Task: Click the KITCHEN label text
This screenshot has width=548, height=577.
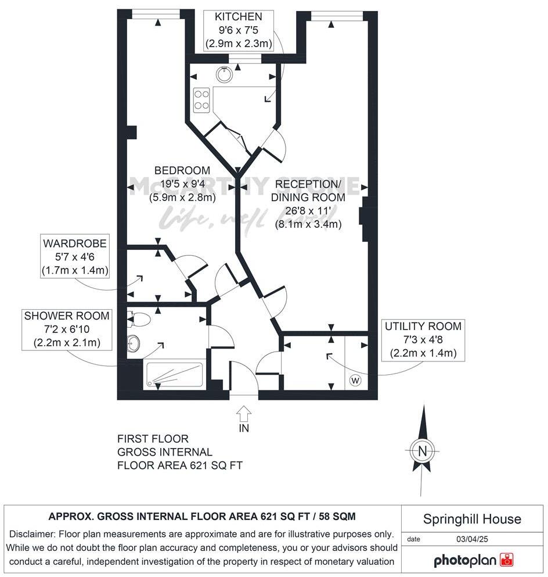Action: [239, 17]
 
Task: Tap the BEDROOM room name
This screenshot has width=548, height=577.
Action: [182, 170]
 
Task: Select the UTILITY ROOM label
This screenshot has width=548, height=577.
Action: [423, 327]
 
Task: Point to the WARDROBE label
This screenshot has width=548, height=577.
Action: [74, 243]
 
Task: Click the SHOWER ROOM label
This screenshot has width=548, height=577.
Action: [67, 316]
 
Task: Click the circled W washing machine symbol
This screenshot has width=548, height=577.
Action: [355, 381]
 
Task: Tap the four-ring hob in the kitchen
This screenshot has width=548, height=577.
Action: [201, 99]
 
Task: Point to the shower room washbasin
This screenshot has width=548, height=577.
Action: [134, 343]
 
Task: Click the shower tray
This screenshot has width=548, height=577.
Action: [174, 375]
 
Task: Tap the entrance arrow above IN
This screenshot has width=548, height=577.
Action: [244, 414]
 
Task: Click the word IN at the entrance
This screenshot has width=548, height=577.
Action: [244, 429]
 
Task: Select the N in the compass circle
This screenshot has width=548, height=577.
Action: [423, 451]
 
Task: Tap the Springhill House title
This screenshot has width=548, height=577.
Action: [472, 519]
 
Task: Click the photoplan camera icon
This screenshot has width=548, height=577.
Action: [507, 560]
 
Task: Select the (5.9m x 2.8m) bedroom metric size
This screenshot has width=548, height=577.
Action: [182, 196]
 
